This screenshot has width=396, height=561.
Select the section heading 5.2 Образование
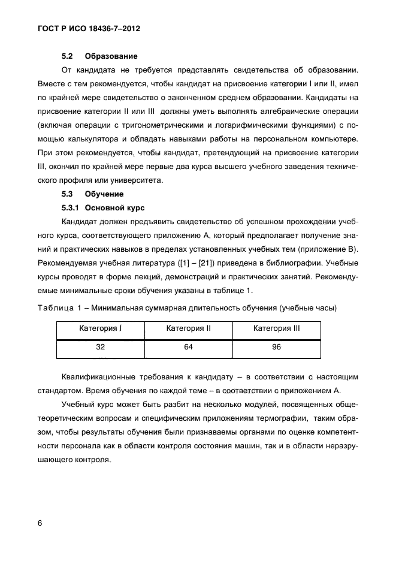pos(99,57)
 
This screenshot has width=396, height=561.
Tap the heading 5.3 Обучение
pos(93,194)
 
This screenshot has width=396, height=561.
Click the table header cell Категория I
pos(100,329)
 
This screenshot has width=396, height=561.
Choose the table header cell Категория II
pos(188,329)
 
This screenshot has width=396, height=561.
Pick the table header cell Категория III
pos(276,329)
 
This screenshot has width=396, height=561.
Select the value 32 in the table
pos(100,348)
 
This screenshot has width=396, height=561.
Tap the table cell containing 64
pos(188,348)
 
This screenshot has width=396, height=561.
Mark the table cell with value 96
pos(276,348)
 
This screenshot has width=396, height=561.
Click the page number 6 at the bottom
pos(40,523)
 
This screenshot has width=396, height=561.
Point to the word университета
pos(144,180)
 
